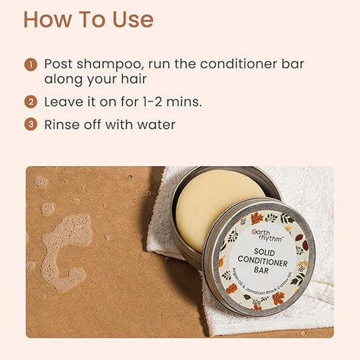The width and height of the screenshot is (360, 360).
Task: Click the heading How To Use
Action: pyautogui.click(x=88, y=19)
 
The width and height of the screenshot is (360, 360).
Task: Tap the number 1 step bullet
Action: pyautogui.click(x=30, y=65)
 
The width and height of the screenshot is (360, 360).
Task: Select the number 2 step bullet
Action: pyautogui.click(x=30, y=102)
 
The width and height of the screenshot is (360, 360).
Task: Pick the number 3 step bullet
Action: pyautogui.click(x=30, y=125)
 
